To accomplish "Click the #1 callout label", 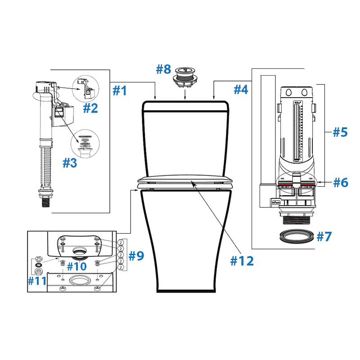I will (119, 90).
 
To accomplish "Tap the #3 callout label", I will (69, 162).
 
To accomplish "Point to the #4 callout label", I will (241, 90).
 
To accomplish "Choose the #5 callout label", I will (340, 132).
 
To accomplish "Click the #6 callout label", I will (340, 182).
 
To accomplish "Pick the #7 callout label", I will (324, 237).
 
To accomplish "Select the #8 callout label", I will (163, 70).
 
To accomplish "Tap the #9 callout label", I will (136, 256).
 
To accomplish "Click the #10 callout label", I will (76, 266).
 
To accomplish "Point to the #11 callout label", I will (37, 281).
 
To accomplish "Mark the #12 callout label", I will (242, 260).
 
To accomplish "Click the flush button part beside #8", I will (185, 76).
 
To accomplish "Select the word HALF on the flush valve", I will (297, 103).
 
